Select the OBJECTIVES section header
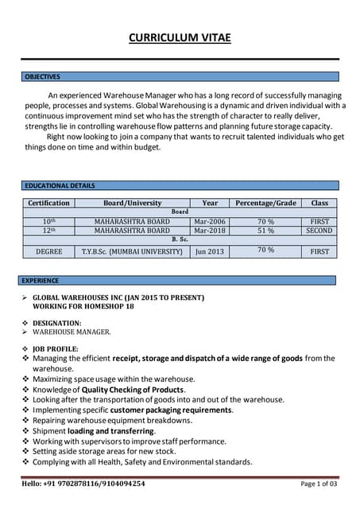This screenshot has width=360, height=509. (43, 76)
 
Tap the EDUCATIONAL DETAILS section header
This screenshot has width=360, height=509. (60, 185)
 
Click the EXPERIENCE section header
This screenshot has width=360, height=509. (41, 280)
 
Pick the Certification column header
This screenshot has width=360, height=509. (48, 203)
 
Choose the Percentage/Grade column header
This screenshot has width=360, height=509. (265, 203)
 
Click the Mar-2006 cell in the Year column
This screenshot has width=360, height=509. (210, 221)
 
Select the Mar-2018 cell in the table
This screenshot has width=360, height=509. (210, 230)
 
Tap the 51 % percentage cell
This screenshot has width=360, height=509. (265, 230)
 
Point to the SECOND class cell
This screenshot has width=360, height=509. (319, 230)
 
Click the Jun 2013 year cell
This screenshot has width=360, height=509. (210, 251)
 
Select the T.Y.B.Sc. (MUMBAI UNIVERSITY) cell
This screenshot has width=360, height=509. (132, 251)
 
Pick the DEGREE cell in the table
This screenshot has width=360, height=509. (48, 251)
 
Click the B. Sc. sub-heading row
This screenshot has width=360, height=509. (180, 239)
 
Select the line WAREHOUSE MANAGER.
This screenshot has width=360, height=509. (72, 332)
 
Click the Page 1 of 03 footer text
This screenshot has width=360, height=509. (319, 483)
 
